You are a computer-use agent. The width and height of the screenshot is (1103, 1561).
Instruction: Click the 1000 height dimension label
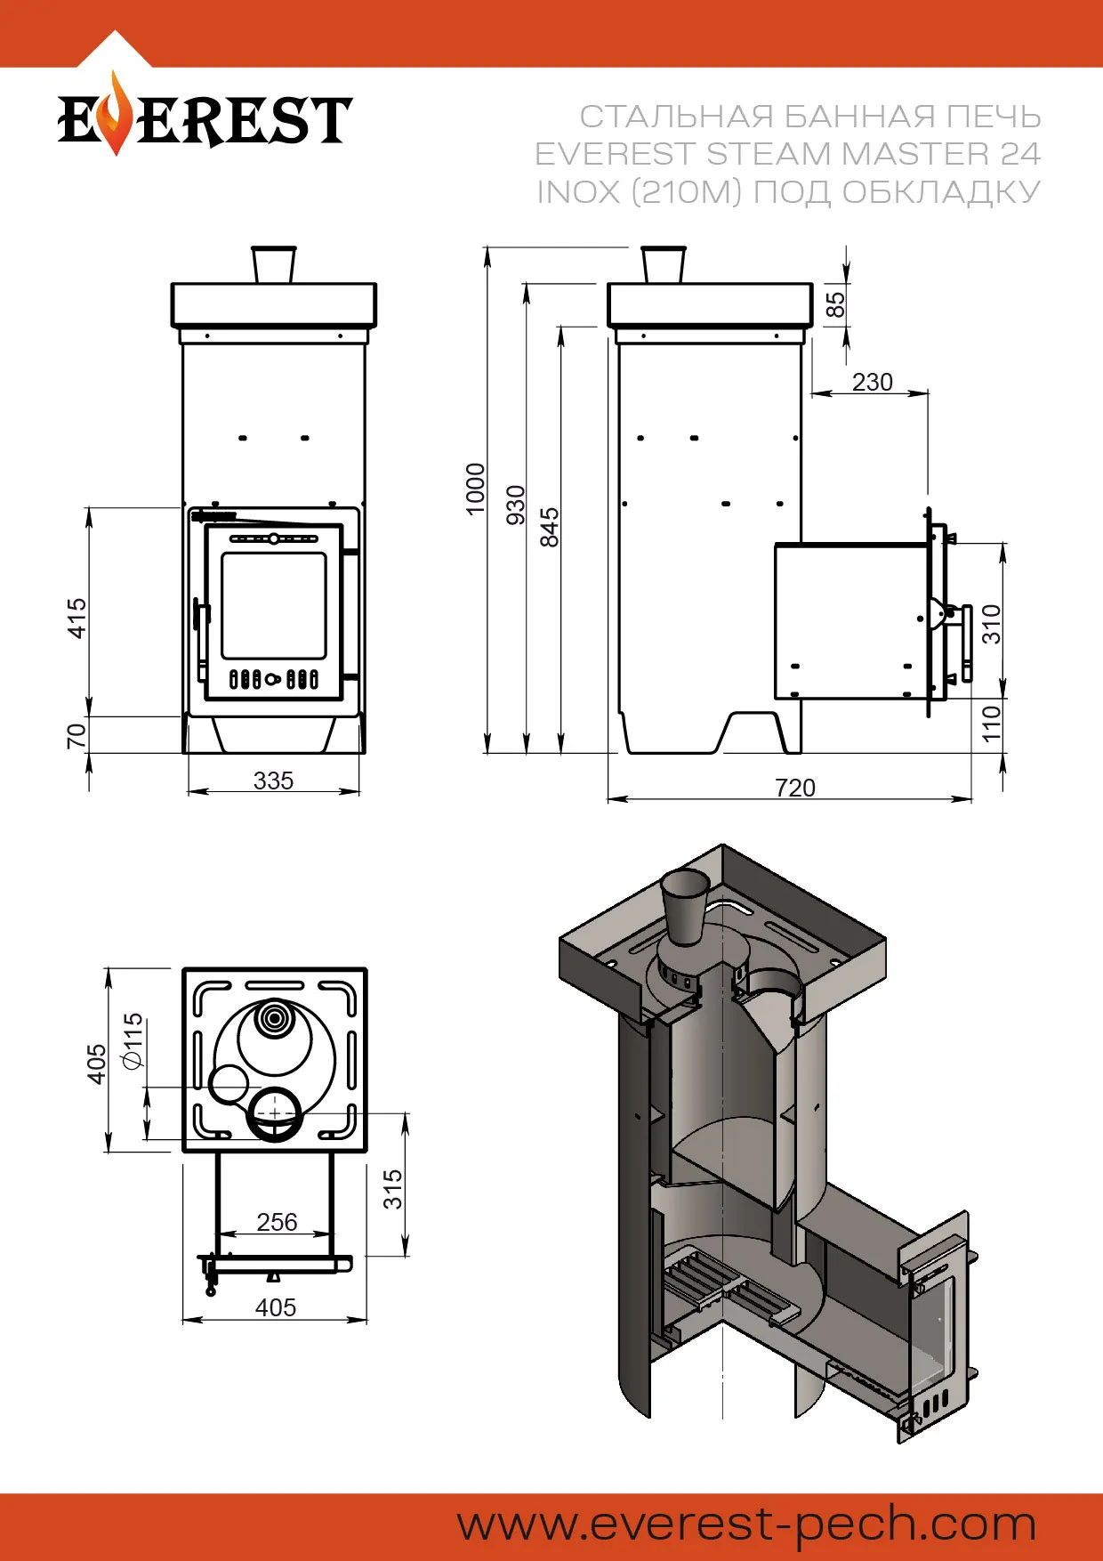(x=476, y=489)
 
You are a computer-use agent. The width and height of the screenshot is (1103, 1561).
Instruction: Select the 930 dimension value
(x=516, y=505)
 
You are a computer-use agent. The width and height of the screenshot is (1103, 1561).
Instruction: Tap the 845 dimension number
(x=551, y=527)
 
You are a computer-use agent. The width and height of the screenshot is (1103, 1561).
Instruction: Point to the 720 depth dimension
(x=794, y=788)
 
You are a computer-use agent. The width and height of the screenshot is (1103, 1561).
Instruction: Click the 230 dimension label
(x=872, y=382)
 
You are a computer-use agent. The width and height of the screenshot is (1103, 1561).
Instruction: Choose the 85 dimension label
(x=836, y=304)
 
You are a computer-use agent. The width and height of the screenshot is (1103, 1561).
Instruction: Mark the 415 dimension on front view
(x=78, y=618)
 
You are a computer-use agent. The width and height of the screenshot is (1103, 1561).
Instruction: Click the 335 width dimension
(x=273, y=780)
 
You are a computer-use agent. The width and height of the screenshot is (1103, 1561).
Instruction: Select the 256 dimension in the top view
(x=277, y=1222)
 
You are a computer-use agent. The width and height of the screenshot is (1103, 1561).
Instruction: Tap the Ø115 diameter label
(x=133, y=1039)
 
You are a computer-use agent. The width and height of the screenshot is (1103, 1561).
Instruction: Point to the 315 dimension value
(x=393, y=1189)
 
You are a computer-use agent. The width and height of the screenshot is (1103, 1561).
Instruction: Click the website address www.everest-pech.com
(x=746, y=1524)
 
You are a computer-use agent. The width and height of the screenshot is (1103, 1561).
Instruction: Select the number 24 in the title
(x=1019, y=154)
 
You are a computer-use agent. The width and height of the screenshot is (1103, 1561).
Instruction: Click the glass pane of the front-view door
(x=274, y=605)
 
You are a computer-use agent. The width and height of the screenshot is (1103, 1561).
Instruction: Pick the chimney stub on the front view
(x=274, y=264)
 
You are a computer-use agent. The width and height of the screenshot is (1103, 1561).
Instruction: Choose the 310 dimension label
(x=992, y=624)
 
